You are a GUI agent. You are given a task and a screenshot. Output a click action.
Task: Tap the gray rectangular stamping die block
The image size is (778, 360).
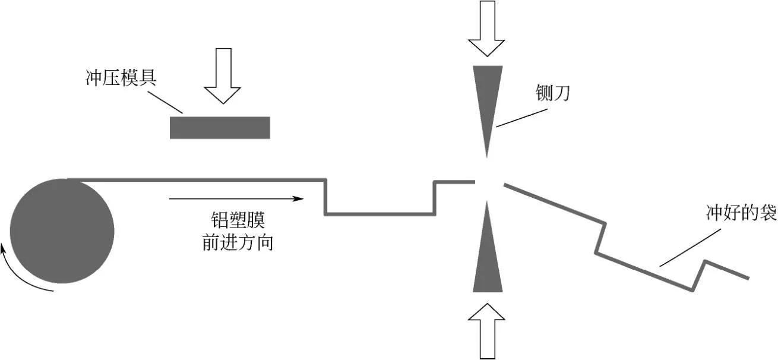pos(220,128)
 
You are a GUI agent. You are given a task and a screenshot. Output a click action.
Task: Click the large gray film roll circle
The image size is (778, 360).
pos(62,231)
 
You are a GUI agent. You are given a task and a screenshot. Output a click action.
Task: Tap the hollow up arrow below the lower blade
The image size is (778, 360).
pos(486,330)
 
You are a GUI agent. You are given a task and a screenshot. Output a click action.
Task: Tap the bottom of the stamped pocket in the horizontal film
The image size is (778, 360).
pos(380,213)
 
